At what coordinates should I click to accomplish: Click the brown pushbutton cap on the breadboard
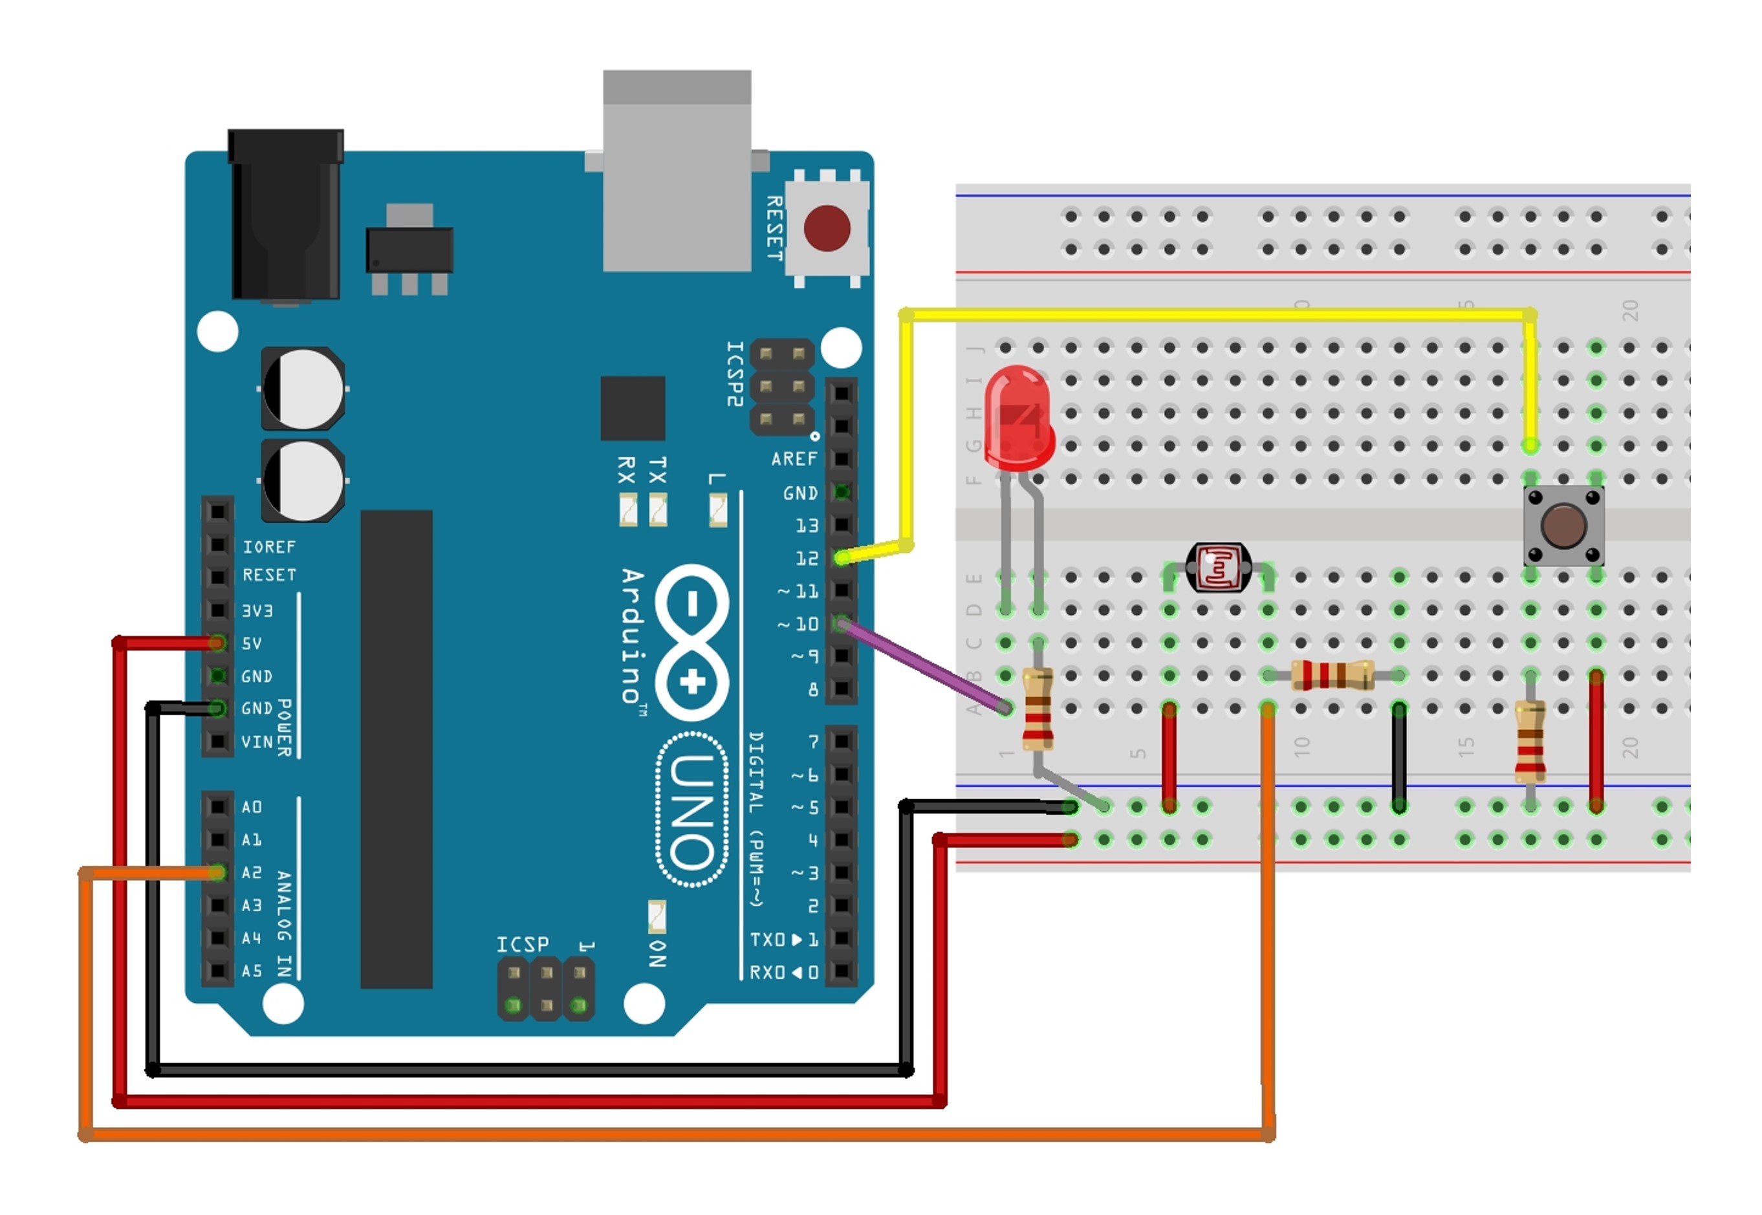1563,524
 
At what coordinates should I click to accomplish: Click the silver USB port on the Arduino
677,171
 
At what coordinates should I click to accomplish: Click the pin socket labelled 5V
218,643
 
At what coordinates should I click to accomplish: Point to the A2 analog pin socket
218,872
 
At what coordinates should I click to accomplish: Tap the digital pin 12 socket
842,558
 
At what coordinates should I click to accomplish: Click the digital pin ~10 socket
842,623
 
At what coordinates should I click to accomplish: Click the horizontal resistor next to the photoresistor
1332,675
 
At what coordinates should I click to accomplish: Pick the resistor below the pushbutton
1530,742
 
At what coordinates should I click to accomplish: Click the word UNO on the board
691,811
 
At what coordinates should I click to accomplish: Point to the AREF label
794,459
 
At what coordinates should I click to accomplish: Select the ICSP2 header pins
782,386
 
